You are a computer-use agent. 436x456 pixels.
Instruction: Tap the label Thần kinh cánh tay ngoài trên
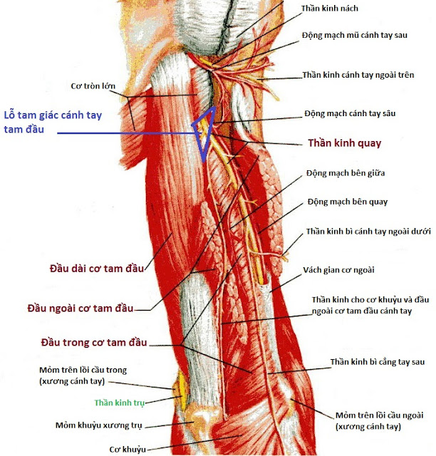tap(363, 74)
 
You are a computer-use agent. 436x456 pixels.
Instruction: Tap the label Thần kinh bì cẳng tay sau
tap(375, 363)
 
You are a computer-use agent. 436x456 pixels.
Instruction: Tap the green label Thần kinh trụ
tap(119, 403)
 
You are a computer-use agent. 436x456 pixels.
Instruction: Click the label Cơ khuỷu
tap(128, 448)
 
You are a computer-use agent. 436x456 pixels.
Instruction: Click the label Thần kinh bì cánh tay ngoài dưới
tap(368, 232)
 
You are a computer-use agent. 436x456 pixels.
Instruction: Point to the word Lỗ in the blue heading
tap(10, 115)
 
